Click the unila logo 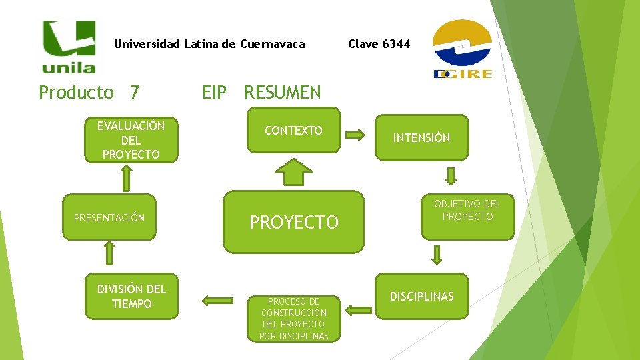pyautogui.click(x=69, y=46)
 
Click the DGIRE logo pyautogui.click(x=462, y=49)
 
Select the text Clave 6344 pyautogui.click(x=379, y=44)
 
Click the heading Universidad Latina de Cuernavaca pyautogui.click(x=209, y=45)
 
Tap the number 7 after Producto pyautogui.click(x=135, y=92)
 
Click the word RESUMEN pyautogui.click(x=282, y=92)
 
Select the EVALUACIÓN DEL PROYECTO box pyautogui.click(x=131, y=140)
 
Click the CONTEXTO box pyautogui.click(x=293, y=131)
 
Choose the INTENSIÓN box pyautogui.click(x=421, y=138)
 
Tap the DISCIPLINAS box pyautogui.click(x=421, y=297)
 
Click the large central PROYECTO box pyautogui.click(x=294, y=222)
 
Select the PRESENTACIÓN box pyautogui.click(x=109, y=217)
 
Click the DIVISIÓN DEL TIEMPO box pyautogui.click(x=131, y=297)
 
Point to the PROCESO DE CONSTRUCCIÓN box pyautogui.click(x=293, y=319)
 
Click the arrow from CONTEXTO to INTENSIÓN pyautogui.click(x=355, y=135)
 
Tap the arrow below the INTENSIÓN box pyautogui.click(x=451, y=175)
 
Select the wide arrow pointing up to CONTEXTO pyautogui.click(x=294, y=173)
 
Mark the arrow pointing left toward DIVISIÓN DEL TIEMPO pyautogui.click(x=217, y=301)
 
